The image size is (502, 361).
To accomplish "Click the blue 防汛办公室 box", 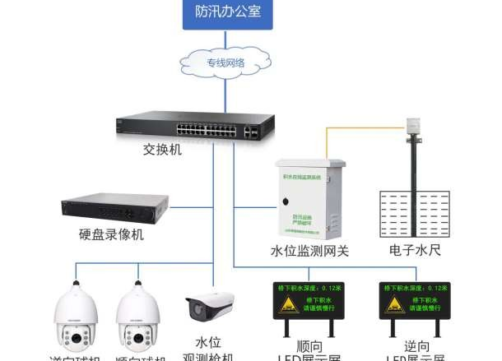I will [x=229, y=14].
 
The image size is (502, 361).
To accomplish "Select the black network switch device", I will [x=196, y=128].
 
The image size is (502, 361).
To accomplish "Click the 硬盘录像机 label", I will [x=114, y=235].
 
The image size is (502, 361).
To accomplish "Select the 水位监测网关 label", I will [x=310, y=251].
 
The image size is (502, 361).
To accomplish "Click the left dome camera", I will [x=75, y=320].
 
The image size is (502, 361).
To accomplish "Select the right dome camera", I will [x=137, y=320].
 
